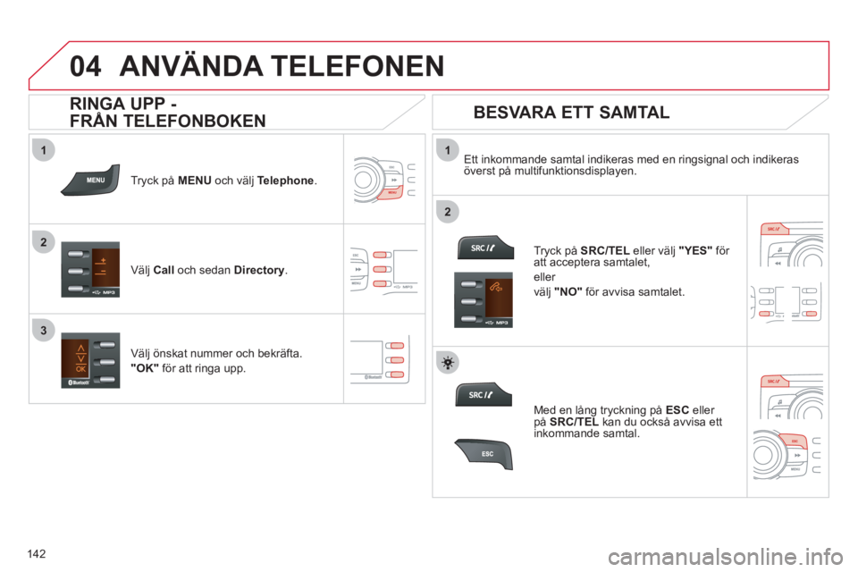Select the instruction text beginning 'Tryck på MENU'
[x=223, y=180]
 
